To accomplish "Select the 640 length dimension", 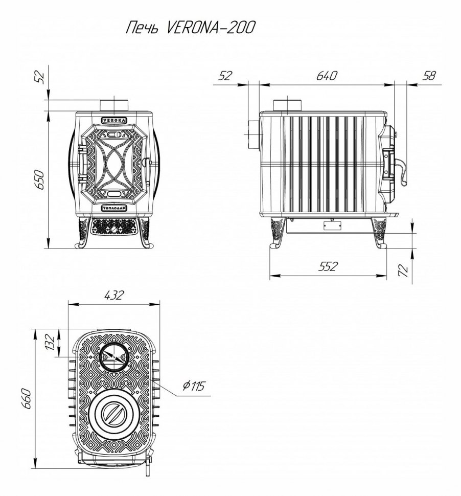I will (327, 76).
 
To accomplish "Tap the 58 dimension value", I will (430, 76).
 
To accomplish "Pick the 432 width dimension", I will (114, 295).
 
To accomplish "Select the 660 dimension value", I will (27, 399).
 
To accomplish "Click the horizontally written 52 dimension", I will (225, 76).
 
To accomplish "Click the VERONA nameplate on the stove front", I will (114, 120).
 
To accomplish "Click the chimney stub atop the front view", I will (114, 105).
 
